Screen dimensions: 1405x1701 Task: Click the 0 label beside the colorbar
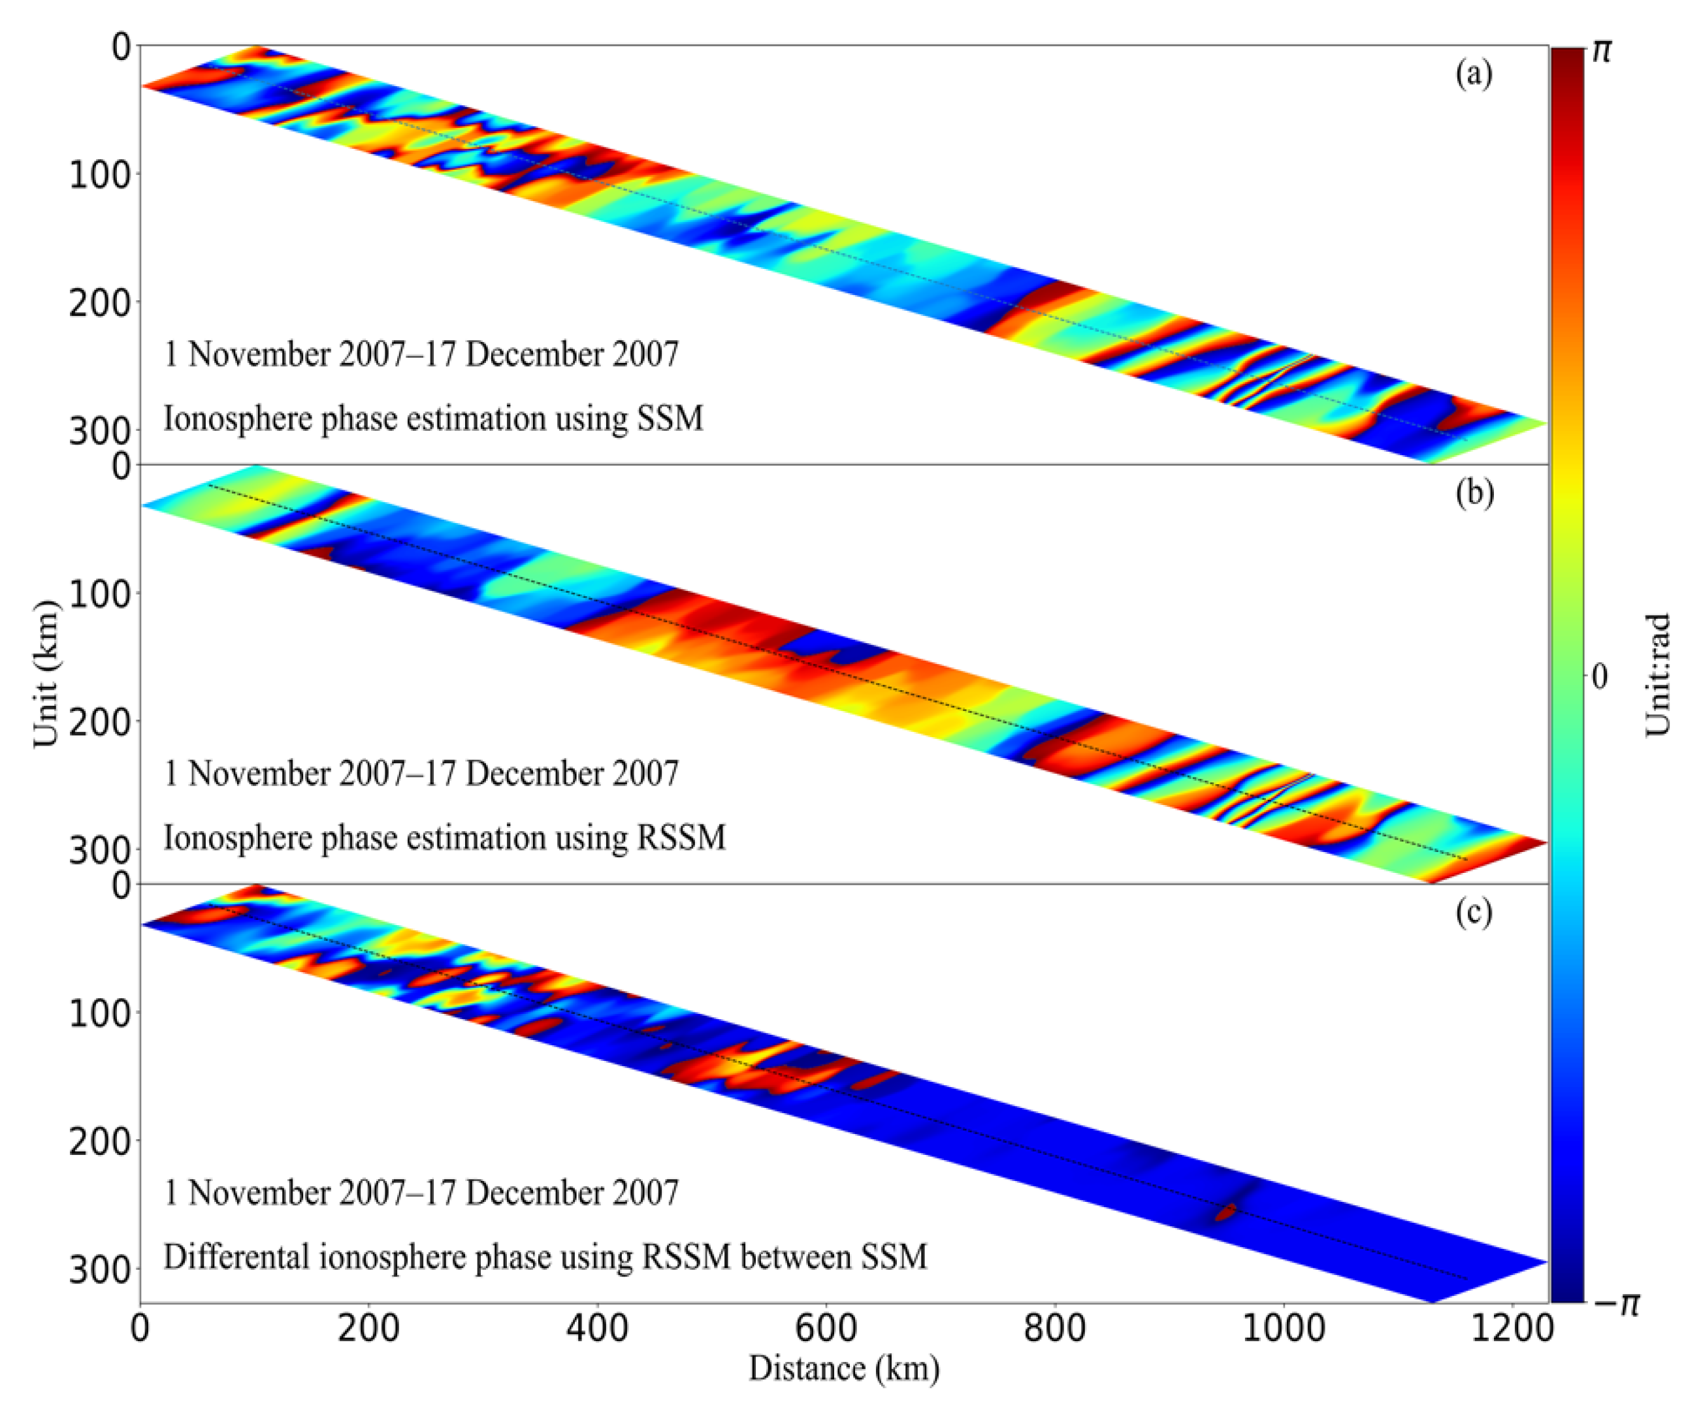pos(1599,676)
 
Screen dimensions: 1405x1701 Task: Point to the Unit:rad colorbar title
pos(1658,675)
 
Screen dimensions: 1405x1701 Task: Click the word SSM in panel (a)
pos(670,418)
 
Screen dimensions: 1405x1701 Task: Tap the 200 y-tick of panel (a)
pos(99,304)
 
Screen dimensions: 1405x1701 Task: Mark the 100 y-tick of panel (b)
pos(99,595)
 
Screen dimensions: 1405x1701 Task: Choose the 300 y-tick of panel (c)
pos(99,1271)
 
